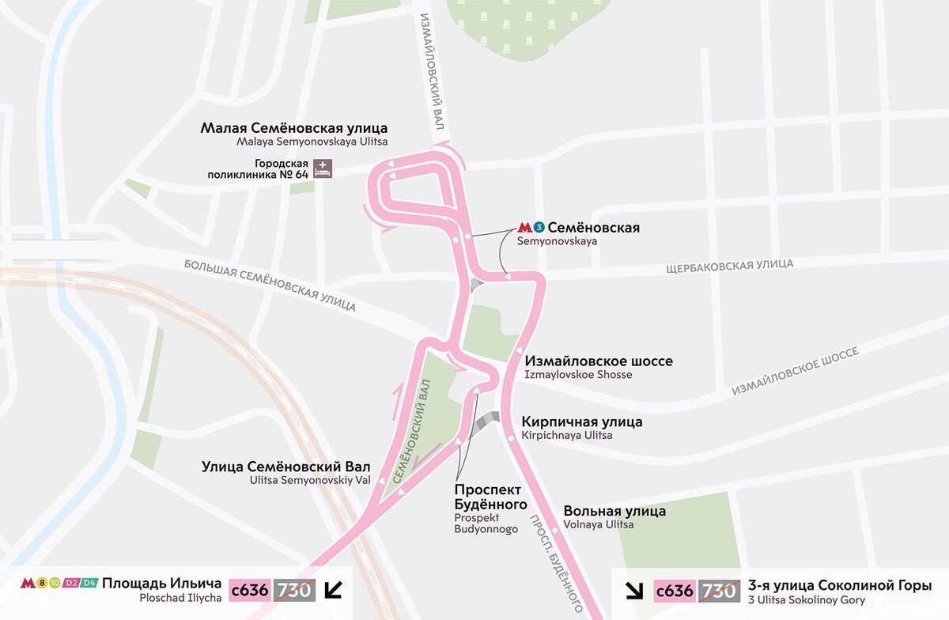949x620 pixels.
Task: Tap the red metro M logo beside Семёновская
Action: pyautogui.click(x=524, y=228)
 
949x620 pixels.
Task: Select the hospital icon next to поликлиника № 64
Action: pyautogui.click(x=323, y=168)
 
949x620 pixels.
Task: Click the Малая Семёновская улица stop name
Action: pyautogui.click(x=294, y=128)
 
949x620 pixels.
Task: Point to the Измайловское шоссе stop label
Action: pyautogui.click(x=599, y=361)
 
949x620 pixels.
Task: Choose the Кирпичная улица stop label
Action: pyautogui.click(x=582, y=422)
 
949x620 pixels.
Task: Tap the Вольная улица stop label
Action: pyautogui.click(x=614, y=511)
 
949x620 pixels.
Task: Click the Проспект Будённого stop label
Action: pyautogui.click(x=490, y=497)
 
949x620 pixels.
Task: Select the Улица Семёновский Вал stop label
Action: pyautogui.click(x=286, y=467)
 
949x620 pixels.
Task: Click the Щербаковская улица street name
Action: pyautogui.click(x=730, y=265)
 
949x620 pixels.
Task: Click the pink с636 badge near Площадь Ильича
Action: pyautogui.click(x=250, y=590)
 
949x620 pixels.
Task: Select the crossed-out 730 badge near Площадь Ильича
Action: pyautogui.click(x=294, y=590)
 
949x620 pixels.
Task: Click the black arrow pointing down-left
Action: pyautogui.click(x=335, y=590)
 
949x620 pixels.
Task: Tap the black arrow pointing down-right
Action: pyautogui.click(x=635, y=590)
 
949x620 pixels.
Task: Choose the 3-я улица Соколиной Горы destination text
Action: pyautogui.click(x=839, y=586)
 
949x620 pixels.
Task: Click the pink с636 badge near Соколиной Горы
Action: pyautogui.click(x=675, y=590)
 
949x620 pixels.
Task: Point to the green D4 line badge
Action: pyautogui.click(x=89, y=584)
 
